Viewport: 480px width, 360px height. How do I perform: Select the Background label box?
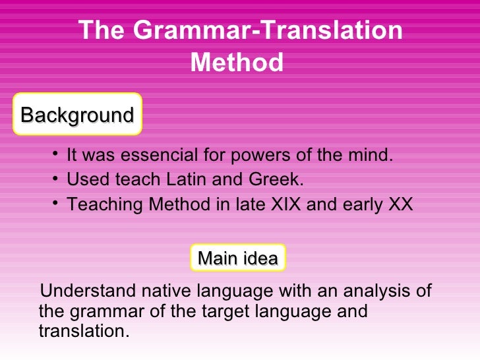77,115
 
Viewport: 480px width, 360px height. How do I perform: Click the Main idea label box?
237,258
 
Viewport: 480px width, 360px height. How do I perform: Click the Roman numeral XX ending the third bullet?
400,204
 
